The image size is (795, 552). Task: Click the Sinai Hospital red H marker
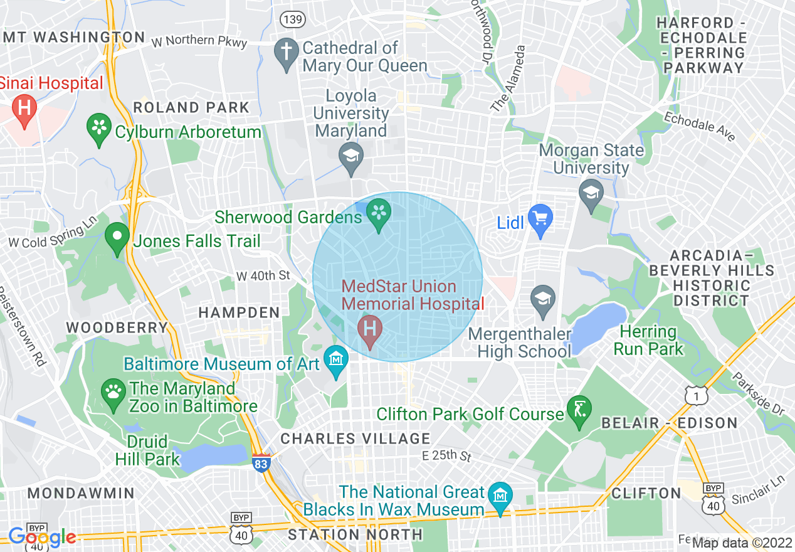pyautogui.click(x=24, y=107)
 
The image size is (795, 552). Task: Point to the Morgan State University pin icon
pyautogui.click(x=591, y=191)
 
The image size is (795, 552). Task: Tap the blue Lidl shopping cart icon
pyautogui.click(x=540, y=218)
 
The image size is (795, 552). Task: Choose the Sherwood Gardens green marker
pyautogui.click(x=379, y=212)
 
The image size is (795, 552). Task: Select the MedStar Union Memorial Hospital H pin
pyautogui.click(x=370, y=328)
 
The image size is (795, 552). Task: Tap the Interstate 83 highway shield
pyautogui.click(x=261, y=463)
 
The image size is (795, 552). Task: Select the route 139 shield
pyautogui.click(x=293, y=19)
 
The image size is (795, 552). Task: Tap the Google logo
pyautogui.click(x=42, y=537)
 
